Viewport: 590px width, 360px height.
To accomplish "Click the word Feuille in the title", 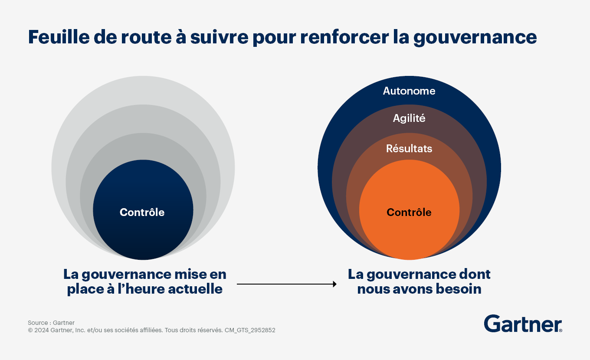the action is click(x=59, y=37).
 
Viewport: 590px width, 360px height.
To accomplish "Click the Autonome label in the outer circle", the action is click(x=409, y=91).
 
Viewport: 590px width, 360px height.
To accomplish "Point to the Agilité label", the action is click(x=409, y=118).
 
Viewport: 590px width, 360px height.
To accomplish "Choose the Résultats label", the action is click(x=409, y=148).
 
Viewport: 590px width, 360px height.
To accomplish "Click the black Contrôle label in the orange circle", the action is click(x=409, y=212).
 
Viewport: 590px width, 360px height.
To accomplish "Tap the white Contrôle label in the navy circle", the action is click(x=142, y=212).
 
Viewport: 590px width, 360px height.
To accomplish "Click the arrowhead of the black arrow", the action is click(x=335, y=284).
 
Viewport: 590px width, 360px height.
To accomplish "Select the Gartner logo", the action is click(x=523, y=324).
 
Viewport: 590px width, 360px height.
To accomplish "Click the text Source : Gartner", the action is click(x=51, y=323).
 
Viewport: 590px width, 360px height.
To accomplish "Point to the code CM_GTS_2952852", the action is click(x=250, y=330).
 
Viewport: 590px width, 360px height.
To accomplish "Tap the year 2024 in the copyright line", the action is click(x=42, y=330).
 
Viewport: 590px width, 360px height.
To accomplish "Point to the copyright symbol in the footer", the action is click(x=30, y=330).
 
